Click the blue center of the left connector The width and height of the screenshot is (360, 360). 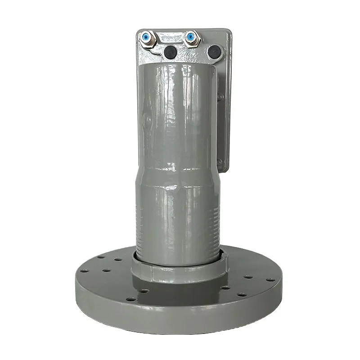point(146,36)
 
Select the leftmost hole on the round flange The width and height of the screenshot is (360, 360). point(84,271)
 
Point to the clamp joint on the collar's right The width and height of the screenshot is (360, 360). point(224,261)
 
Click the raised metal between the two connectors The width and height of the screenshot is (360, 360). point(170,38)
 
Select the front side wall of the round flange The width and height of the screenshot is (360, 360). point(180,315)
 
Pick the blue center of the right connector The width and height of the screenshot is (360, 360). point(192,36)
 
